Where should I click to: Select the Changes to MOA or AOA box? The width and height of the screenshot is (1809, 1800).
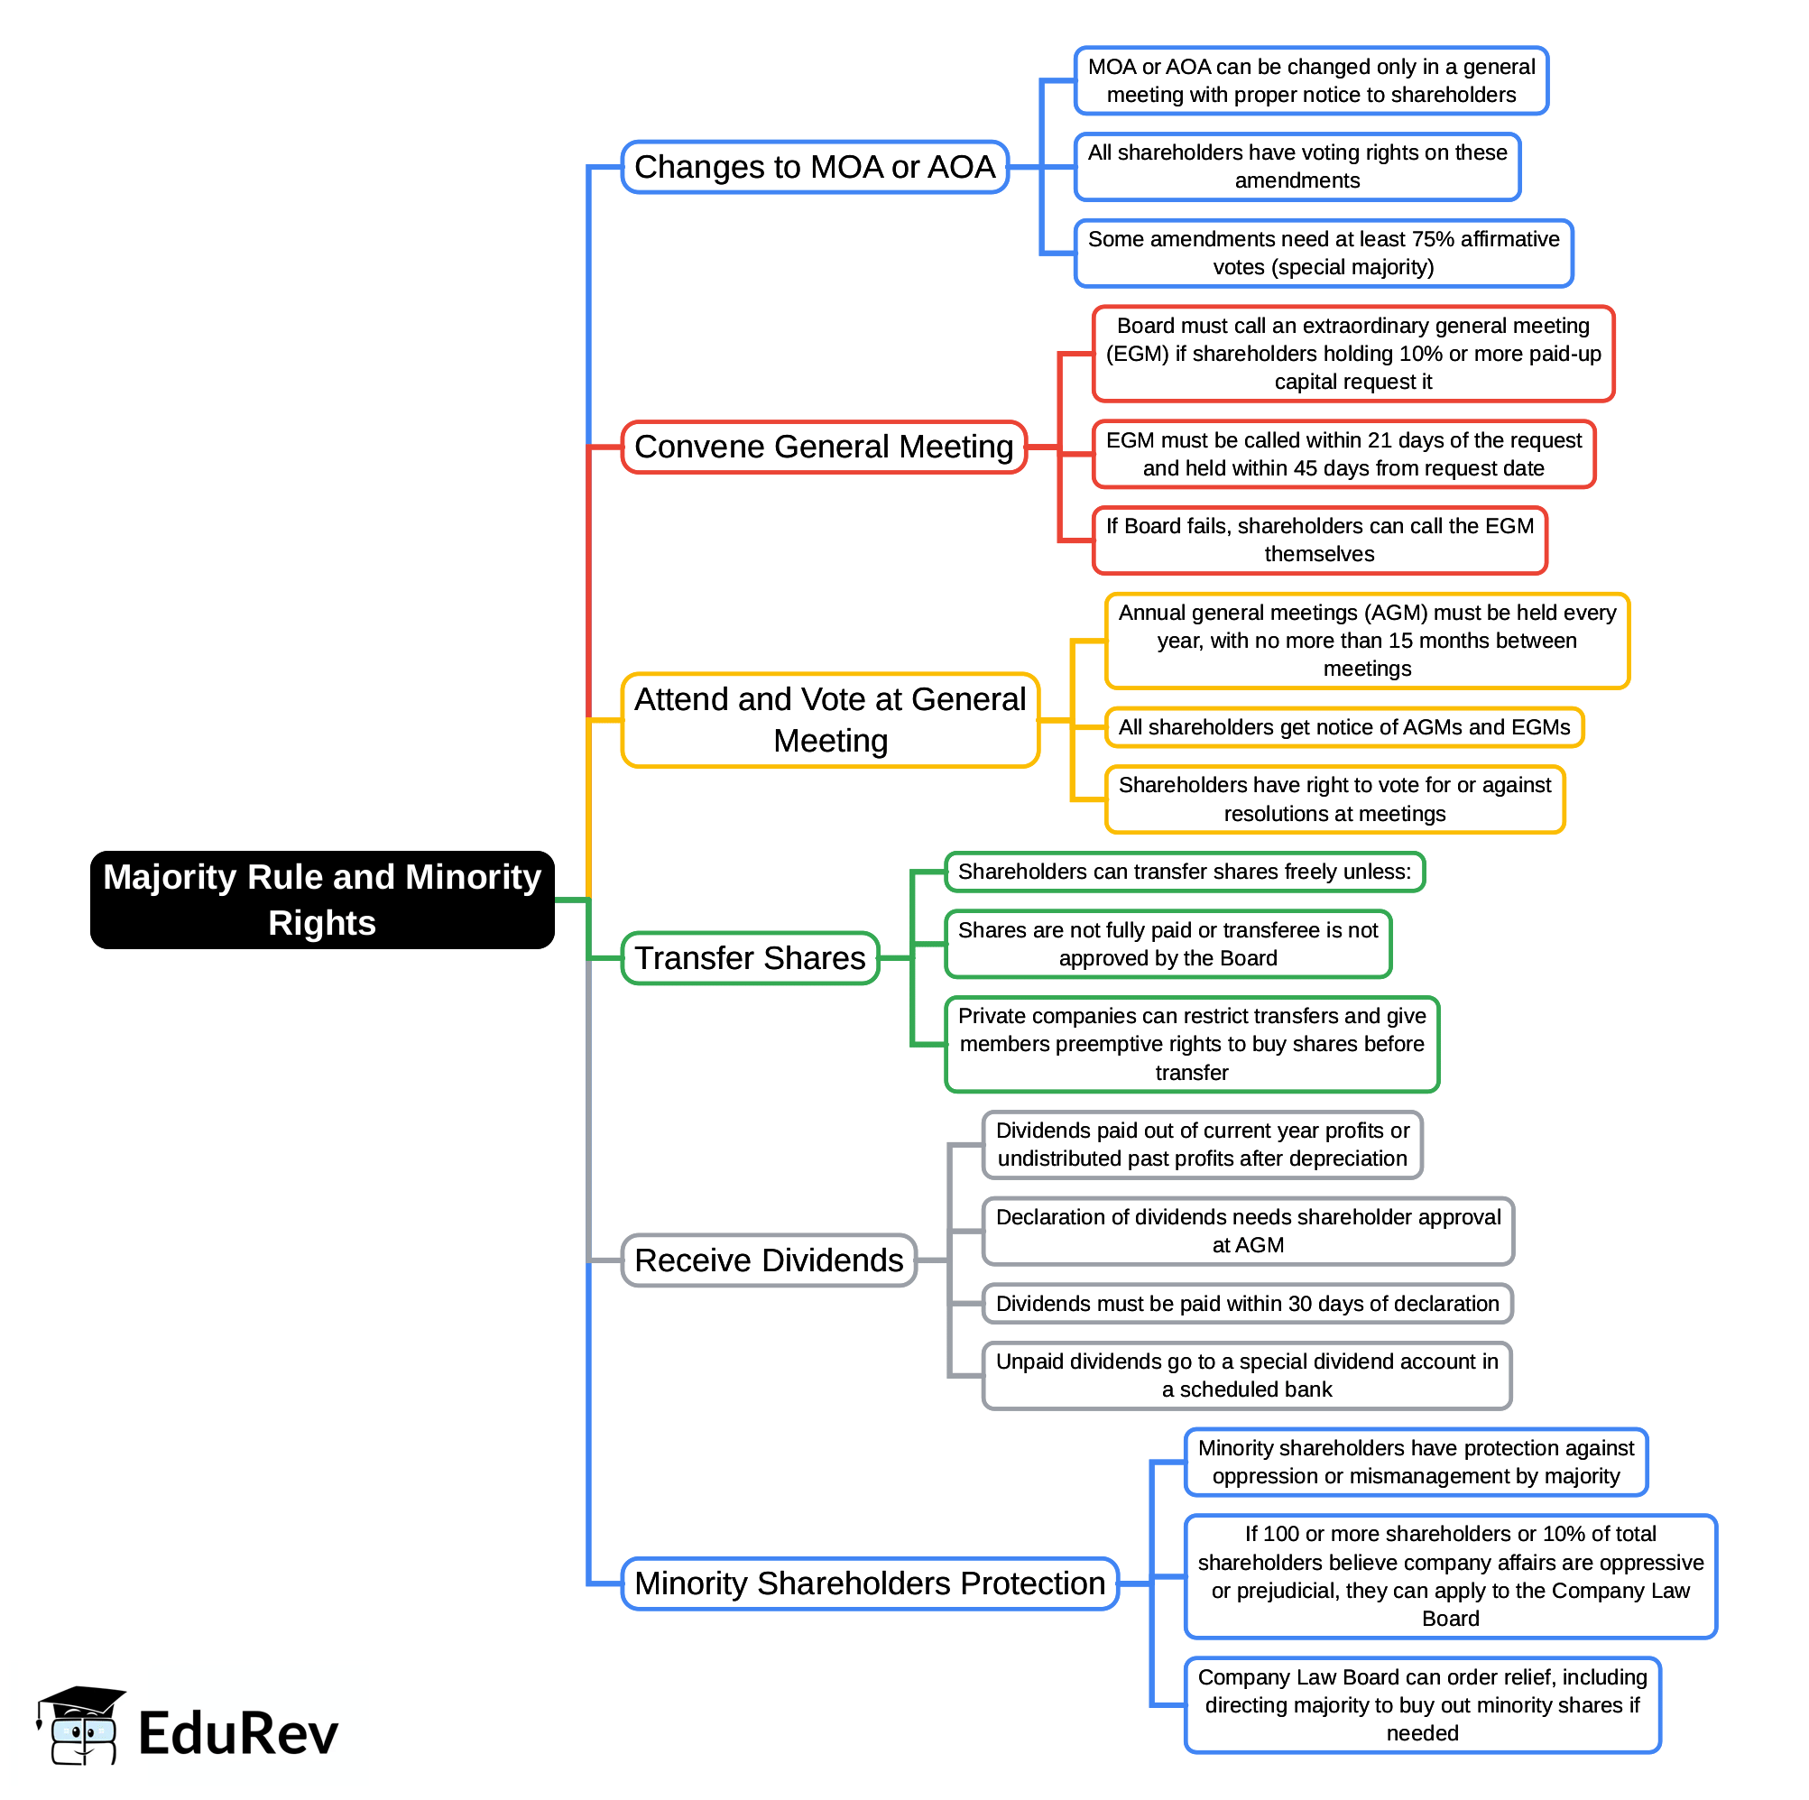[814, 167]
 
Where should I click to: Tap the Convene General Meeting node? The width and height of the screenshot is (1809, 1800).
[823, 447]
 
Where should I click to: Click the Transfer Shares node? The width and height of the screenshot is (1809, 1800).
[749, 957]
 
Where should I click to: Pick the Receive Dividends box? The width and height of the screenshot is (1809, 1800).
[768, 1260]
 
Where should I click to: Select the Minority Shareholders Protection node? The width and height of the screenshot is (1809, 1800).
[869, 1583]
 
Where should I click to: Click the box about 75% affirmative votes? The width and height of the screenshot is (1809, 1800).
[1322, 253]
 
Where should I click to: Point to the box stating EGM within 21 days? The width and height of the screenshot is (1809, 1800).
[1343, 453]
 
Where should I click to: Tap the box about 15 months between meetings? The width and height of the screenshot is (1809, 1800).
[1366, 641]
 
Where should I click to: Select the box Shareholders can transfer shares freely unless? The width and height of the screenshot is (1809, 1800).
[1184, 871]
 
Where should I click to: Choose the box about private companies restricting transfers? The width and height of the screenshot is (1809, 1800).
[1191, 1043]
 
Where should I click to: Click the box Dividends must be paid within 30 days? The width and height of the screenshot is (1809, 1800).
[1246, 1303]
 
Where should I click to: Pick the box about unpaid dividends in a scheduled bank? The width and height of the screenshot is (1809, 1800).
[1246, 1375]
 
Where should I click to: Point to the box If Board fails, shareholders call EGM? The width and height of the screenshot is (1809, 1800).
[1318, 540]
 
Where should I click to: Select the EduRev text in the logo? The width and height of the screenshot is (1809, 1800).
[238, 1732]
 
